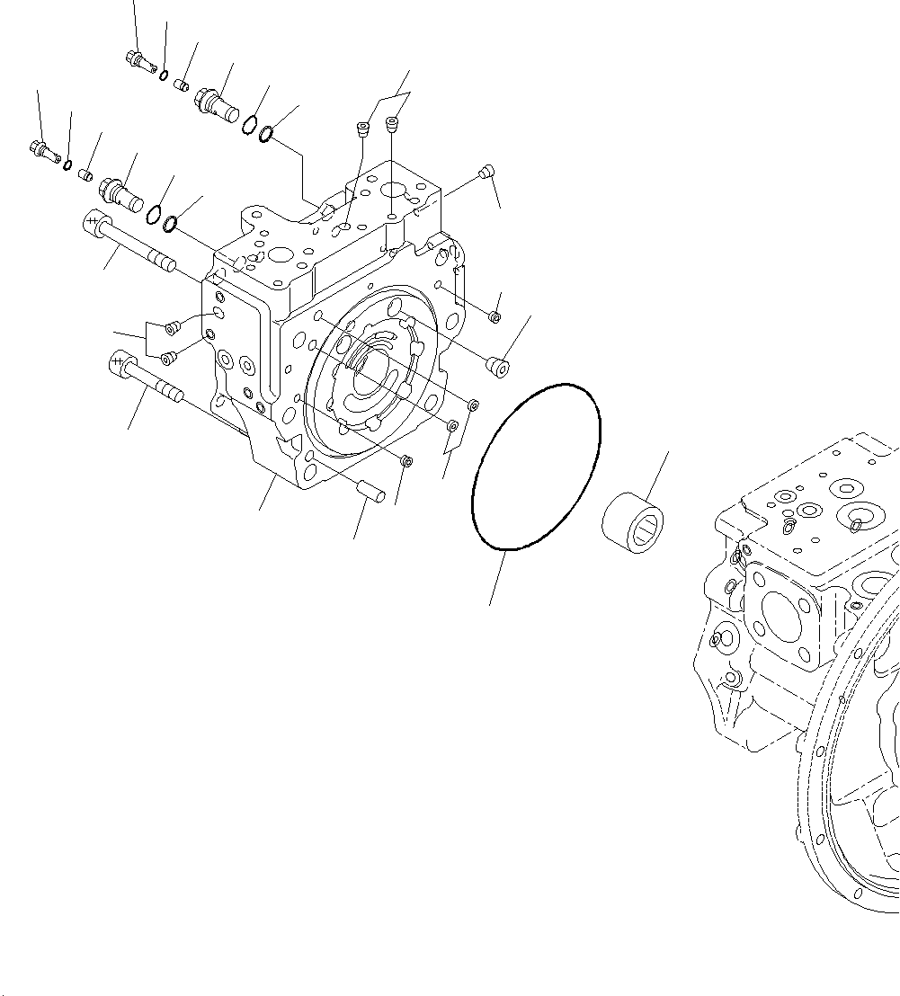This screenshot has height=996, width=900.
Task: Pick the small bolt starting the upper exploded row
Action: click(x=138, y=61)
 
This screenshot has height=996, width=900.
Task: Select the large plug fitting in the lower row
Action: click(x=118, y=191)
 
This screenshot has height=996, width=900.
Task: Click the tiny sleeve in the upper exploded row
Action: click(x=183, y=85)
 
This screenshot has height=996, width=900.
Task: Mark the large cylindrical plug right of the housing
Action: click(x=496, y=367)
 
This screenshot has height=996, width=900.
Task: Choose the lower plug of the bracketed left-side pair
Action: click(x=166, y=359)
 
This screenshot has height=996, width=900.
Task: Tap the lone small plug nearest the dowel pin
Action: click(x=406, y=461)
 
